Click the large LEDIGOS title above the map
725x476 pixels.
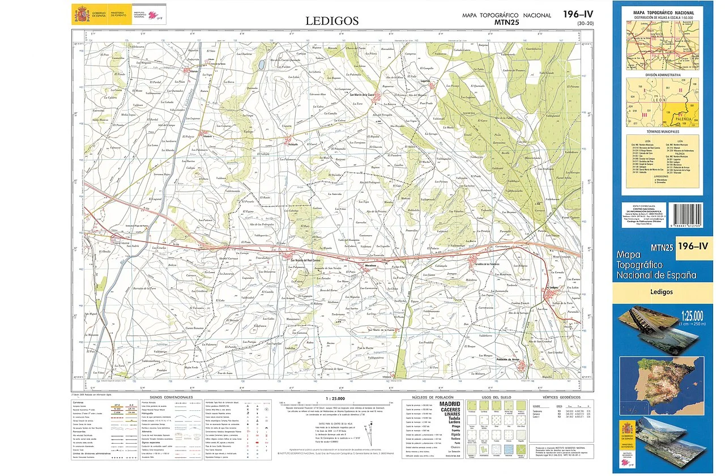point(332,21)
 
